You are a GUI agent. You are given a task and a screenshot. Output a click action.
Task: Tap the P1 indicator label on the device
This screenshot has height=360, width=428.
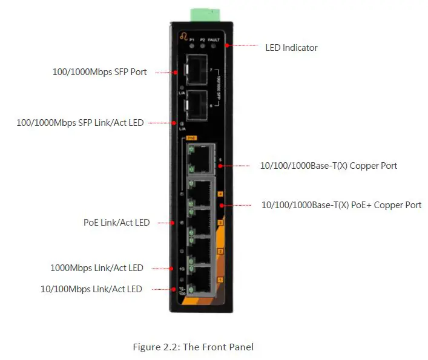click(x=192, y=39)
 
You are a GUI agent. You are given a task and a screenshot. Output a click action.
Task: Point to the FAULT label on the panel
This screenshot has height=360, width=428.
click(x=213, y=39)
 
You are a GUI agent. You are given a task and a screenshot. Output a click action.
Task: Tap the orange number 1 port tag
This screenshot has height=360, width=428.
click(x=220, y=280)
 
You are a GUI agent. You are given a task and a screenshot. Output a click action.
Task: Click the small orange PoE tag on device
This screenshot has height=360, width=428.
click(x=192, y=138)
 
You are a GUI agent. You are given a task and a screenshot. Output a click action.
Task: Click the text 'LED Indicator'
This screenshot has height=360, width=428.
click(x=291, y=47)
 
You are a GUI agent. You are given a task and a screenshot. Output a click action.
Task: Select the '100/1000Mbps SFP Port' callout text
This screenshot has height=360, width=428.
click(x=99, y=72)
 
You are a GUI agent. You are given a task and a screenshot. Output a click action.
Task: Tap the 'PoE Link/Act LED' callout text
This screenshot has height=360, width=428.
click(x=116, y=223)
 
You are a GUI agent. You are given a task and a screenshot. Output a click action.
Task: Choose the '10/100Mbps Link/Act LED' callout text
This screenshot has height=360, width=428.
click(x=91, y=289)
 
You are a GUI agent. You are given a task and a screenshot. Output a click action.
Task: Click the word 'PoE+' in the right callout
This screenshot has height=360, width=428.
click(x=361, y=205)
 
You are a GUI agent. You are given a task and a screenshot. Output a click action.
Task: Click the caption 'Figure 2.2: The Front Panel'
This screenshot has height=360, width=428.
click(x=193, y=347)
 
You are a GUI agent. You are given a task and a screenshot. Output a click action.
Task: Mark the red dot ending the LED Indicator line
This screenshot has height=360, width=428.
click(x=228, y=45)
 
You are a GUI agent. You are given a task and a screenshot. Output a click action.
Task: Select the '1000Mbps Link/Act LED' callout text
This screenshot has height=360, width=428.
click(x=96, y=268)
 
